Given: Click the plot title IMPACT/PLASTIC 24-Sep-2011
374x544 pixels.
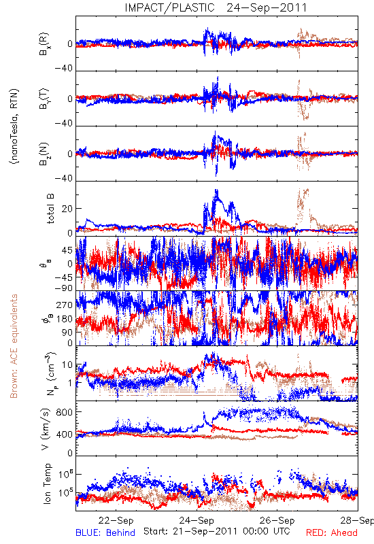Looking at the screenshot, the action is (x=216, y=7).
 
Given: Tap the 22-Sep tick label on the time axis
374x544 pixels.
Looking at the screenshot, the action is (x=116, y=520).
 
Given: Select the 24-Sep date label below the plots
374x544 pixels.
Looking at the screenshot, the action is (x=197, y=520).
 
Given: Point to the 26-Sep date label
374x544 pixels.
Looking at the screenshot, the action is (x=277, y=520).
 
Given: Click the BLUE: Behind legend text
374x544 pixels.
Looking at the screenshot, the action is (x=105, y=532).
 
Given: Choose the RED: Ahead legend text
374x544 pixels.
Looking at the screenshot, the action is (x=331, y=532).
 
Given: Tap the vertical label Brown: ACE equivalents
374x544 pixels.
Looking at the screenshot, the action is (x=14, y=346).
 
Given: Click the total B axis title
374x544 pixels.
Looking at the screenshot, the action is (x=50, y=209).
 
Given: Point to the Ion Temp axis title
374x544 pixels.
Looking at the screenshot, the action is (x=47, y=483).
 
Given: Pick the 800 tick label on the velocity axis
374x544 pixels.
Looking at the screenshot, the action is (x=65, y=412).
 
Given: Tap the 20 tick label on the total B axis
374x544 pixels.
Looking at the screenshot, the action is (x=67, y=209).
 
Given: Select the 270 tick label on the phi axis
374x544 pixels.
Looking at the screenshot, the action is (x=65, y=305).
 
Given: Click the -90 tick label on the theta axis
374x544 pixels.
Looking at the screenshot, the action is (x=64, y=288).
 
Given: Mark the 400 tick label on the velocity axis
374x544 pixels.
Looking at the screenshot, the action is (x=65, y=434).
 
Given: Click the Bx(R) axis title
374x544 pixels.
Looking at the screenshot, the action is (x=44, y=44).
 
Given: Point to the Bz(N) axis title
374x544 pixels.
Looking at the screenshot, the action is (x=44, y=154).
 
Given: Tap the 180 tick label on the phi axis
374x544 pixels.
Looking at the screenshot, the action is (x=65, y=319).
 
